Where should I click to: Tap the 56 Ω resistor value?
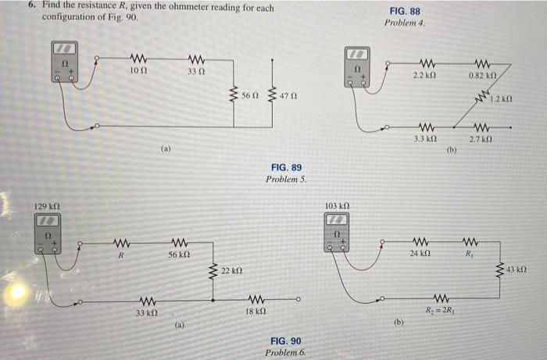pyautogui.click(x=249, y=95)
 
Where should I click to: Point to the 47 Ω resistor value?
pyautogui.click(x=288, y=95)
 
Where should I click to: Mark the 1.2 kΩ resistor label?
pyautogui.click(x=501, y=100)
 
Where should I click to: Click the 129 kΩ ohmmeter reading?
pyautogui.click(x=49, y=206)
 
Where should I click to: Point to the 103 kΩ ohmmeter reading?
pyautogui.click(x=337, y=206)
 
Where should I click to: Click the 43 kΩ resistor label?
pyautogui.click(x=518, y=270)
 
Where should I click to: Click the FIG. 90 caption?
pyautogui.click(x=285, y=341)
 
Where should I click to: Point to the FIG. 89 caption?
pyautogui.click(x=286, y=168)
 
